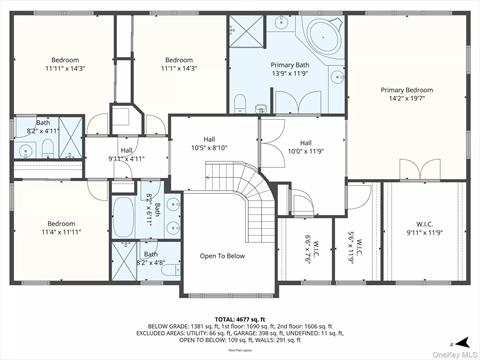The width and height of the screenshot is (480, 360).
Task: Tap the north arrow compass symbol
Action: click(x=453, y=343)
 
